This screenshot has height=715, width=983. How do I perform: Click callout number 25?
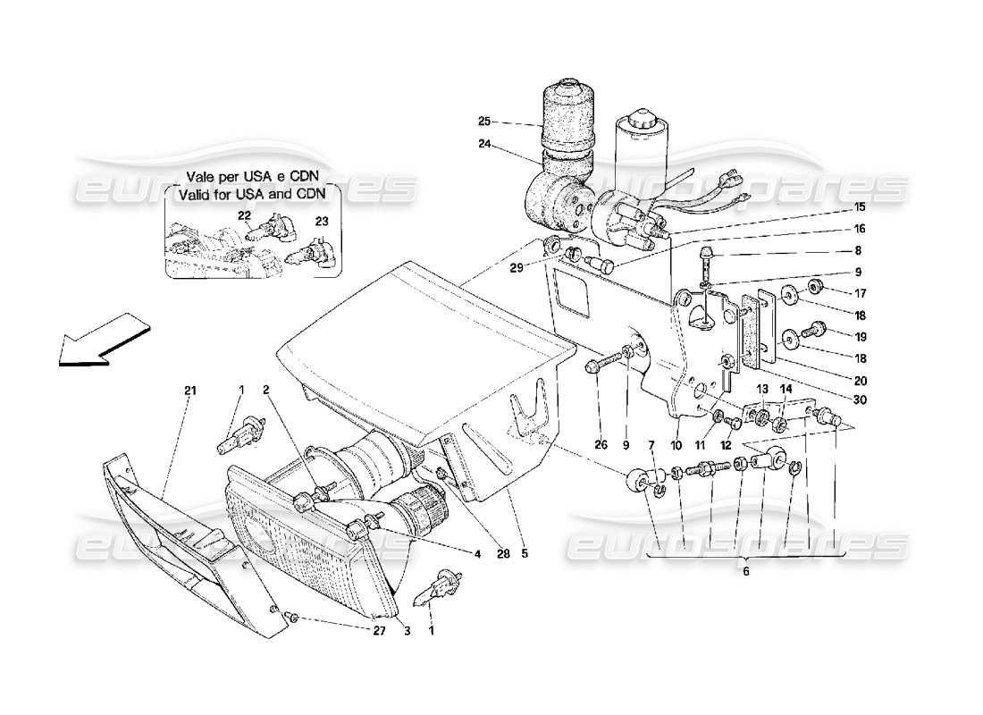(x=484, y=122)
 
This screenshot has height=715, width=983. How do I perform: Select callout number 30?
(x=860, y=400)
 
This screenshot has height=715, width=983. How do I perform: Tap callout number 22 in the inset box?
(x=244, y=215)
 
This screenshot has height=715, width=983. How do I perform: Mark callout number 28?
(x=503, y=554)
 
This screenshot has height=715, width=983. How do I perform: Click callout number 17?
(x=860, y=292)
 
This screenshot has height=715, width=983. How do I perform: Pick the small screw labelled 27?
(x=292, y=617)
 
